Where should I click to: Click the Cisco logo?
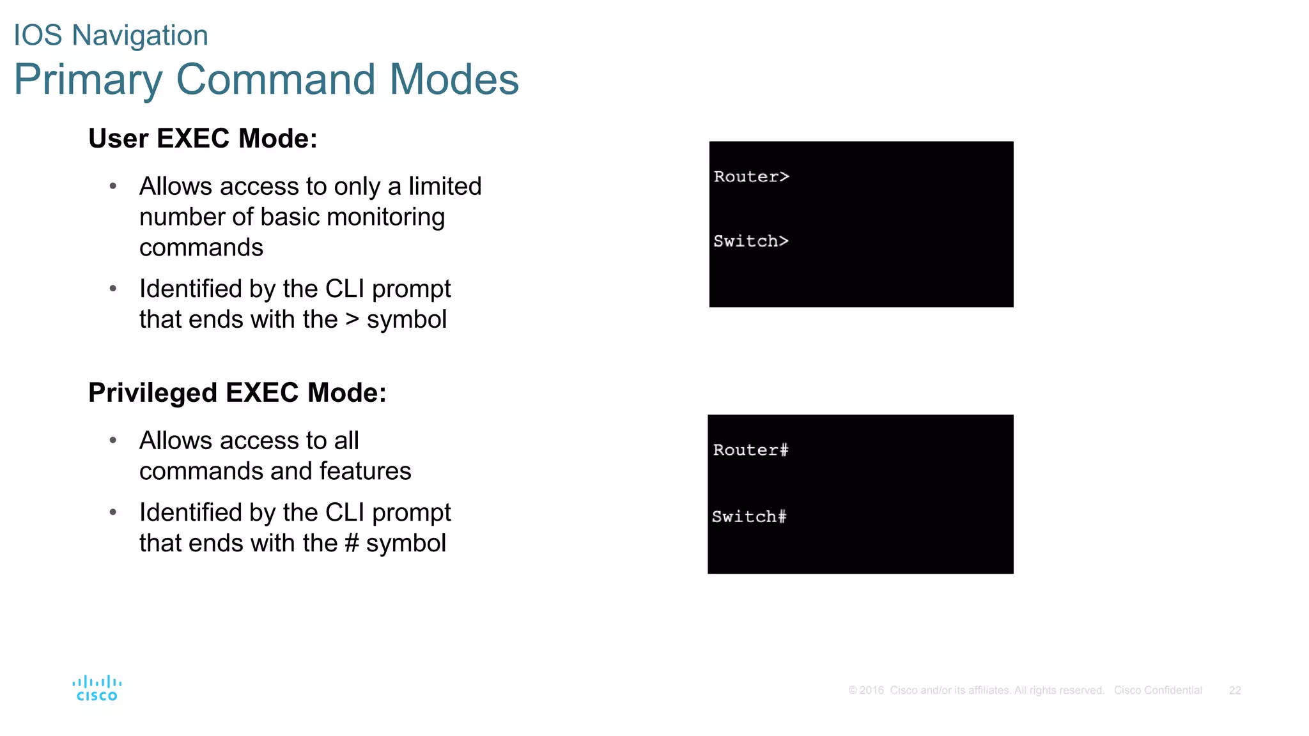coord(97,688)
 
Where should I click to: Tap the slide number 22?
coord(1235,691)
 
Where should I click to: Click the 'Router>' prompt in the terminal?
coord(752,177)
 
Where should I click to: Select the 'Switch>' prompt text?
coord(751,241)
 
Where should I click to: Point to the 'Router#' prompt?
coord(751,450)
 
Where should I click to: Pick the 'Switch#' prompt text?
coord(749,517)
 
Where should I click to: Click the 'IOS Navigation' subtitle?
coord(111,35)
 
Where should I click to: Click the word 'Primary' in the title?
coord(88,80)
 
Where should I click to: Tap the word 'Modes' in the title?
coord(454,80)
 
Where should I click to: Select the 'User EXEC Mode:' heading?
coord(203,139)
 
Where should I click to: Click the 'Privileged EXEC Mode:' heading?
coord(237,393)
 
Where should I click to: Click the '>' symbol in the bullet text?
coord(352,319)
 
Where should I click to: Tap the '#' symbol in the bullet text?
coord(352,543)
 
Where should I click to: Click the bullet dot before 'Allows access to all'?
coord(113,440)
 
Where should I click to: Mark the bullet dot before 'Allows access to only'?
coord(113,186)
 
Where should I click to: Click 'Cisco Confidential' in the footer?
coord(1158,691)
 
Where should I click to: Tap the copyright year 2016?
coord(871,691)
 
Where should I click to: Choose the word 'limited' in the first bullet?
coord(445,187)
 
